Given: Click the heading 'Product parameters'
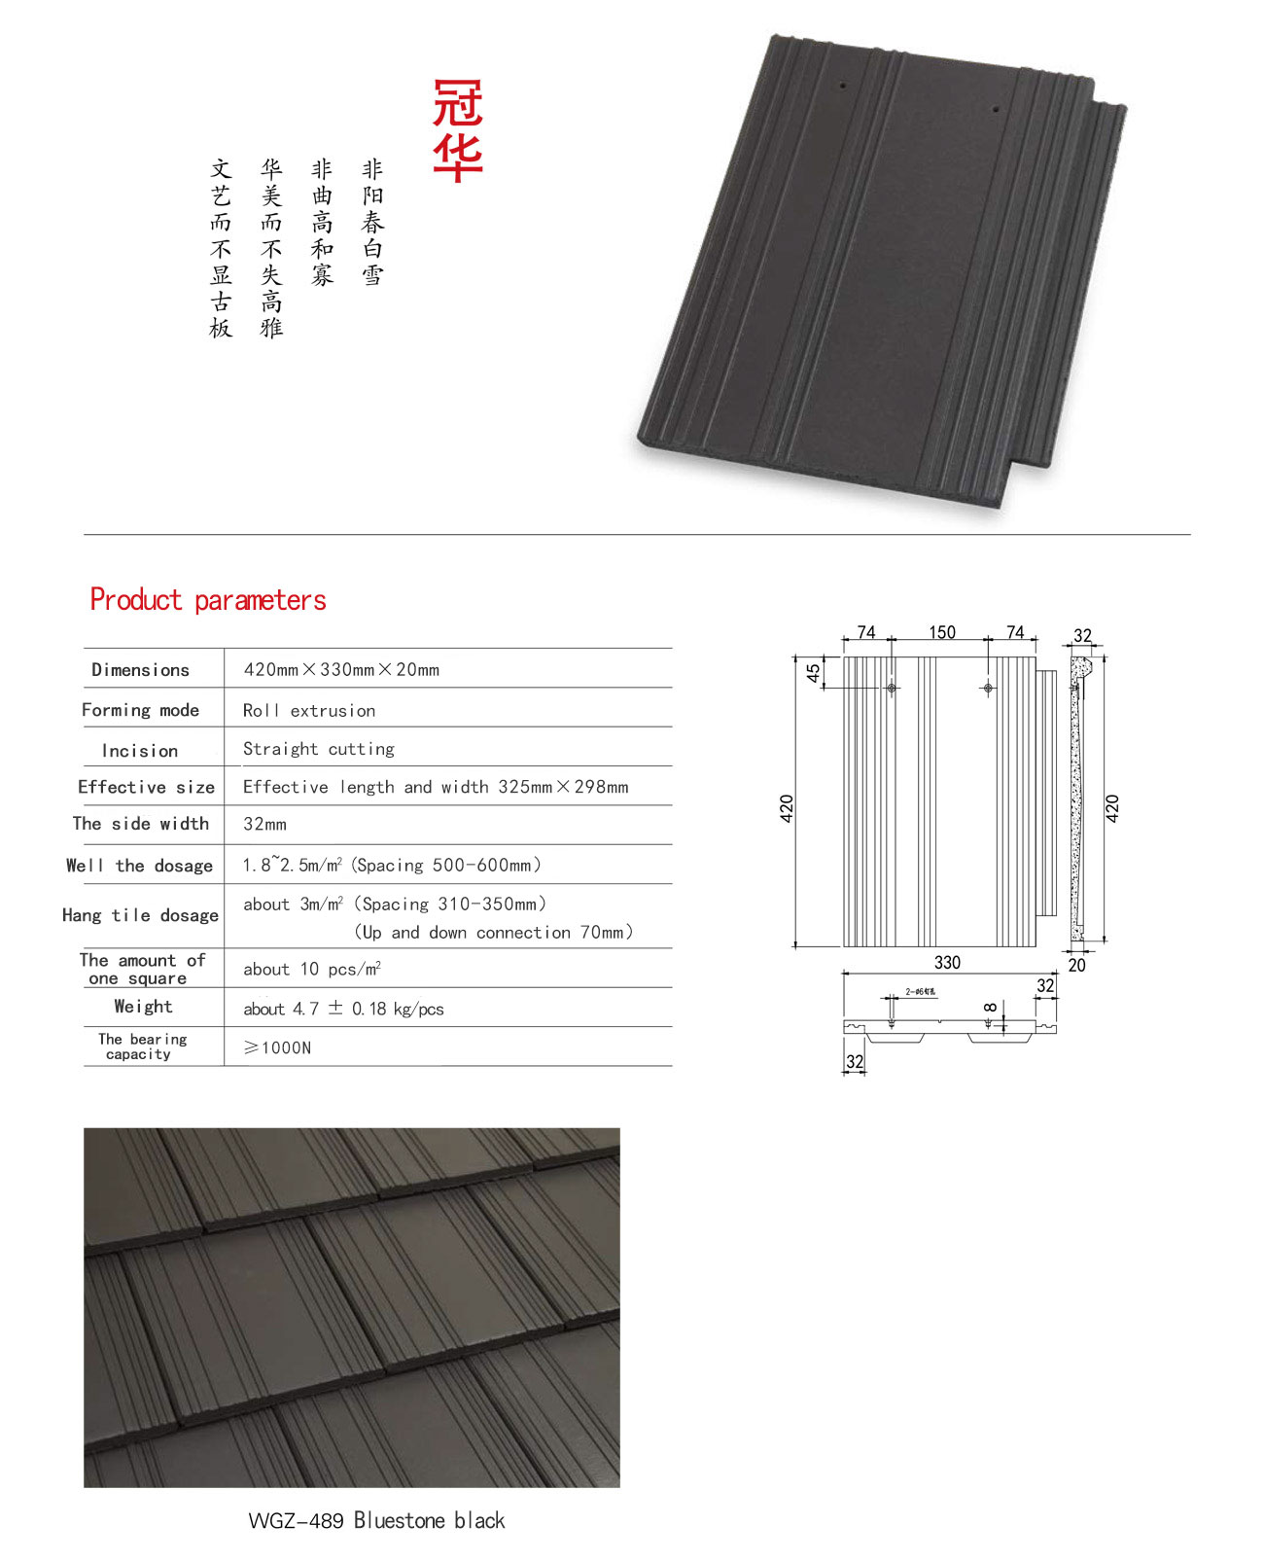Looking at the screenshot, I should tap(208, 600).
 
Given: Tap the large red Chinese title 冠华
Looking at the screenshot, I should tap(458, 130).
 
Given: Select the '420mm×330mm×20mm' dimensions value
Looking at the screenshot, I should tap(341, 670).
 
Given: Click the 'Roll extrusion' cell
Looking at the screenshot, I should tap(309, 711).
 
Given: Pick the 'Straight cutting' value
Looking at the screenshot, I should tap(319, 749).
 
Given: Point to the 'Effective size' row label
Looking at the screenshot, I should tap(146, 787).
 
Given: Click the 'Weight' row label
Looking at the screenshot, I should tap(143, 1007).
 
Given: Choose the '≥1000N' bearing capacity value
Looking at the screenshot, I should tap(277, 1047).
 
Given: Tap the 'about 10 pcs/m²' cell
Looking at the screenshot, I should tap(312, 970).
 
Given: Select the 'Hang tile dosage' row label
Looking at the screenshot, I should tap(140, 915).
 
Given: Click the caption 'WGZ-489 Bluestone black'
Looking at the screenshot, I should tap(376, 1520).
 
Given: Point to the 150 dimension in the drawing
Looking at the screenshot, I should tap(942, 632).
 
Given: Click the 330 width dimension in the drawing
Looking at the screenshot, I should tap(947, 962).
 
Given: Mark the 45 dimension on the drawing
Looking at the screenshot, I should tap(814, 672).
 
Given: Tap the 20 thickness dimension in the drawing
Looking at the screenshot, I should tap(1076, 965).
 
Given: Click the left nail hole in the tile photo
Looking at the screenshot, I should tap(843, 86).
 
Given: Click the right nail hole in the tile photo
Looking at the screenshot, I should tap(996, 109).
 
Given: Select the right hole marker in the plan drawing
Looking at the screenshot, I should tap(988, 688).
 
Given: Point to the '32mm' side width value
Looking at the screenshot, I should tap(264, 825).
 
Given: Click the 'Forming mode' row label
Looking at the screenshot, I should tap(140, 710).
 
